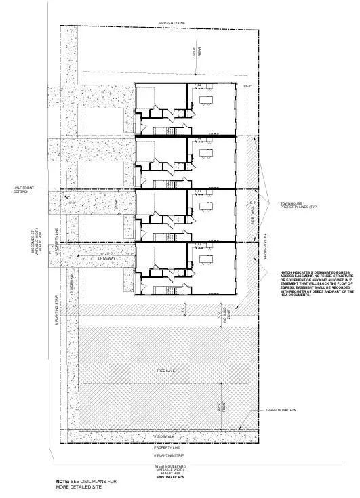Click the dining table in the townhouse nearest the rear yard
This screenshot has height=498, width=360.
tap(206, 100)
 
